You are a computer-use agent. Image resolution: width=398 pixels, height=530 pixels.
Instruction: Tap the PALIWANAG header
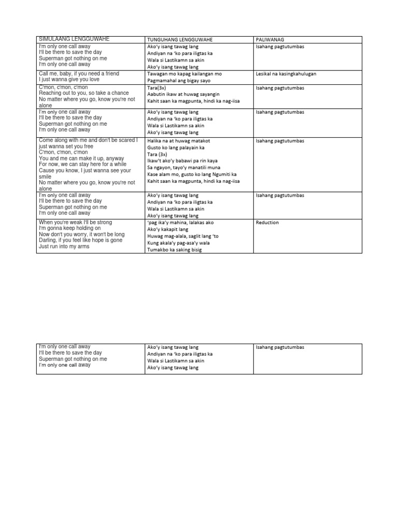[267, 40]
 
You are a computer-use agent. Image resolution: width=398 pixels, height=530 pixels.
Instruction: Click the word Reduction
[267, 223]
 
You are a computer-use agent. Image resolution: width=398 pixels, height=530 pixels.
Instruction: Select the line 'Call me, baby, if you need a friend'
[79, 73]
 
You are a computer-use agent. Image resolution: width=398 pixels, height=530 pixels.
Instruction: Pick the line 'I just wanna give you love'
[69, 80]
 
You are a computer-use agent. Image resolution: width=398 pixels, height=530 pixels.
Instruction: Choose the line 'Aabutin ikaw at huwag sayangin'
[183, 94]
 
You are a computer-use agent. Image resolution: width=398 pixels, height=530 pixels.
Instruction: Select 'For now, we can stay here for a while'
[81, 164]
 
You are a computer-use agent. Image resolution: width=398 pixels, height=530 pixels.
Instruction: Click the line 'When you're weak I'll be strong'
[75, 222]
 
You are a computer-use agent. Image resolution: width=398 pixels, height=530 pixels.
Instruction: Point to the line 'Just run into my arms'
[64, 246]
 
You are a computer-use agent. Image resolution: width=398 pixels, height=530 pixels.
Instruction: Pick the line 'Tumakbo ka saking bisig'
[174, 250]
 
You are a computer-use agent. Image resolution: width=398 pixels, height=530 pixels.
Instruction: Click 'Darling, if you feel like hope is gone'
[80, 240]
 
